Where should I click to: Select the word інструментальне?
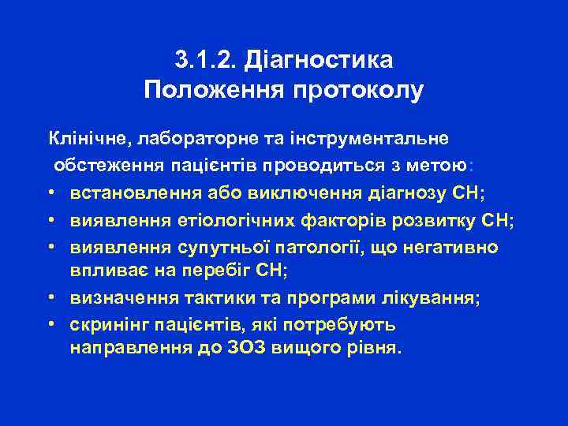371,139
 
